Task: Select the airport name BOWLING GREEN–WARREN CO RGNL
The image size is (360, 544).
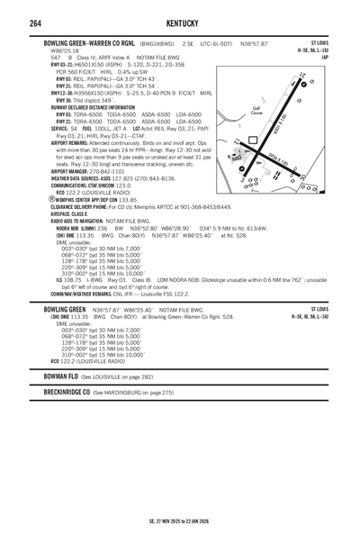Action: point(87,42)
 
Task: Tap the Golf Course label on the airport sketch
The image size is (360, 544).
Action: point(257,109)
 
